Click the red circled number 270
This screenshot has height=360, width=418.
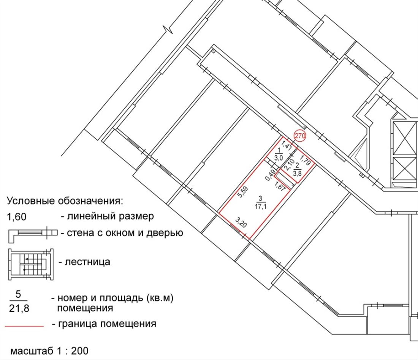[300, 136]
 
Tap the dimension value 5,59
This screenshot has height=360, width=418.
[243, 192]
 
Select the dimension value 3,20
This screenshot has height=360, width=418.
[241, 222]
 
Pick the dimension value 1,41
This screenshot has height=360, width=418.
[287, 145]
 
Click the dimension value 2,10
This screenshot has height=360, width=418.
[289, 165]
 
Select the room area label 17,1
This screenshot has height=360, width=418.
[260, 206]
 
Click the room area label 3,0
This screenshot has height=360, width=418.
[279, 158]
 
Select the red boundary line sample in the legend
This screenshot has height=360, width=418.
[24, 326]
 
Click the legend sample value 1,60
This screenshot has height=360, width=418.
[16, 217]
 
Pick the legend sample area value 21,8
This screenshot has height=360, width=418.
[19, 309]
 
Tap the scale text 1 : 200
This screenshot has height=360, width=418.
[72, 351]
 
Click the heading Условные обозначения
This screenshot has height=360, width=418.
[65, 201]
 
